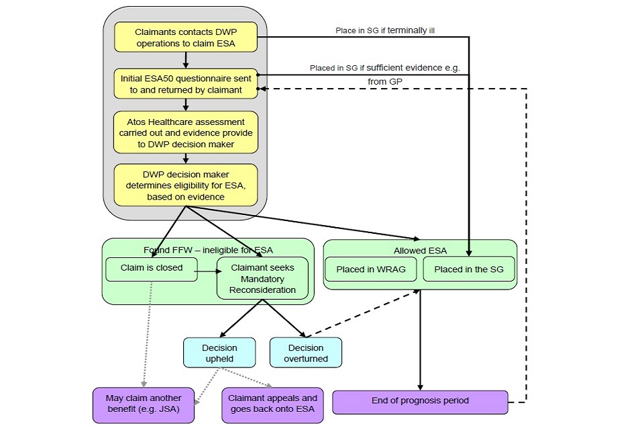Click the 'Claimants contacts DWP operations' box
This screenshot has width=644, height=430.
tap(185, 38)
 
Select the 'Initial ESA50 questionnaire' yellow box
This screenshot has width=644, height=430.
tap(185, 84)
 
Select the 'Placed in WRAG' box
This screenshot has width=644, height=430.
tap(370, 269)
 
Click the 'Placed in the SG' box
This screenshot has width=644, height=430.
tap(468, 269)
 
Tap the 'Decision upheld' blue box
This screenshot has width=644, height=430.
tap(219, 353)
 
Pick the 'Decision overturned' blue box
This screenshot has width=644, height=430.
tap(305, 353)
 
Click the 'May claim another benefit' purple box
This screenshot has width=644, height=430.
tap(144, 404)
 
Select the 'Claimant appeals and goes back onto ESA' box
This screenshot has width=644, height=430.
tap(272, 404)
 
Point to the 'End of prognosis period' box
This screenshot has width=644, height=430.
tap(420, 400)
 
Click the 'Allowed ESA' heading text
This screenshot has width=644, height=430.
tap(420, 250)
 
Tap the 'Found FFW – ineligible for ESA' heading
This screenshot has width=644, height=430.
tap(208, 249)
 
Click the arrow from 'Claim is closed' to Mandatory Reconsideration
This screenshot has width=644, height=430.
tap(208, 271)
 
